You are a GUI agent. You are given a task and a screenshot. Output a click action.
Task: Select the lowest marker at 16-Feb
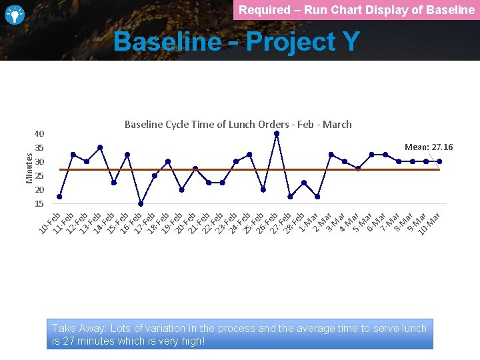click(x=141, y=204)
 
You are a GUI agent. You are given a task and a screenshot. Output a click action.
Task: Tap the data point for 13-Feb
click(x=100, y=147)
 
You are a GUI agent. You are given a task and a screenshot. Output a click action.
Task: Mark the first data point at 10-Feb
click(x=59, y=197)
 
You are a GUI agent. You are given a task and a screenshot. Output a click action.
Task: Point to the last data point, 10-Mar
click(x=439, y=161)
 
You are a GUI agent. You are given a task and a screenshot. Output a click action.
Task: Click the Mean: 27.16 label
click(x=429, y=147)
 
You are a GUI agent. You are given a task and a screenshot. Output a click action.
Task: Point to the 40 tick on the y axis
click(x=39, y=133)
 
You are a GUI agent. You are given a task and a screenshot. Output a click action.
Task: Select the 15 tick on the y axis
click(x=39, y=204)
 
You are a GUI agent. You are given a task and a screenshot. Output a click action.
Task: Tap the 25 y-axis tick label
click(x=39, y=176)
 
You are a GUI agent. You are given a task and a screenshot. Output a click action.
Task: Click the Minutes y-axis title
click(x=29, y=167)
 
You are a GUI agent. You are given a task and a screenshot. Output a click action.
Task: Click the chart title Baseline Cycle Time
click(x=238, y=124)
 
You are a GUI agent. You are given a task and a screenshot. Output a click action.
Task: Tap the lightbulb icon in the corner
click(x=15, y=14)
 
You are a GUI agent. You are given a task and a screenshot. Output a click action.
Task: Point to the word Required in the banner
click(x=264, y=10)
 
